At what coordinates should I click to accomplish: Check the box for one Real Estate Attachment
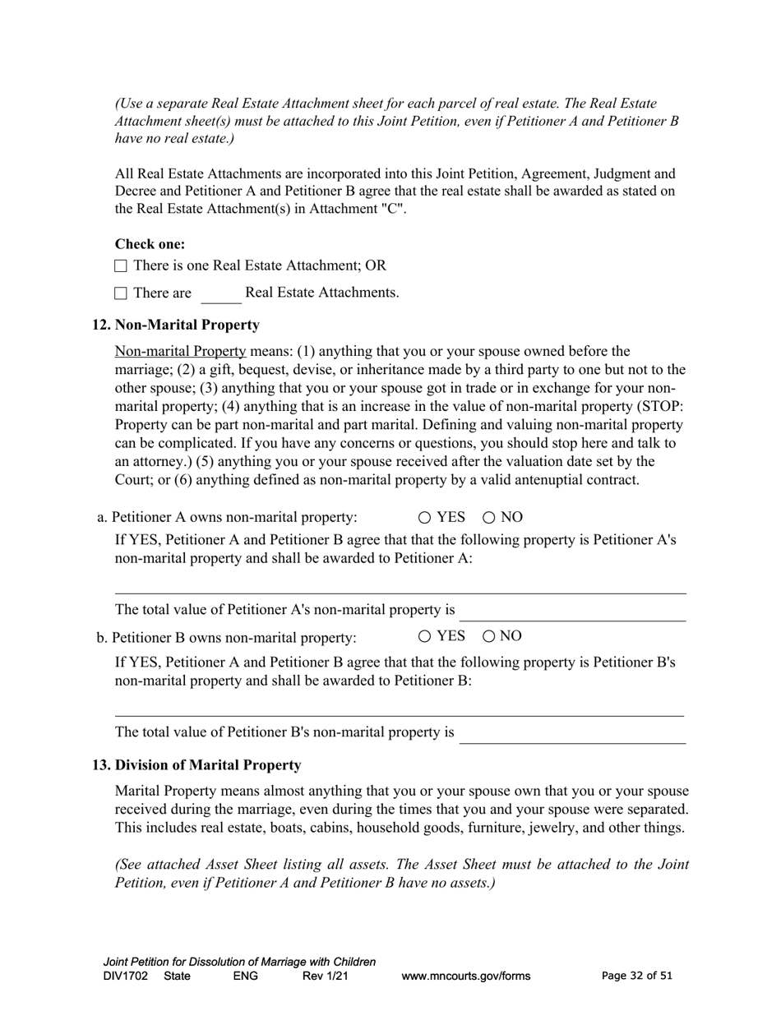(x=121, y=266)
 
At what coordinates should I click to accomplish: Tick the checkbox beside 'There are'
(x=121, y=293)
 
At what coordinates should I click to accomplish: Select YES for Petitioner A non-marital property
(x=424, y=518)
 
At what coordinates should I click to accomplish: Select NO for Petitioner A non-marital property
(x=489, y=518)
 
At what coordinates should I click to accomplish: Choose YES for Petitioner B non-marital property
(x=424, y=636)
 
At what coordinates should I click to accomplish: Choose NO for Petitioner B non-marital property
(x=489, y=636)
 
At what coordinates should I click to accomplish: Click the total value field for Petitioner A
(x=572, y=612)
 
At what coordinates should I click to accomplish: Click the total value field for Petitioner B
(x=572, y=733)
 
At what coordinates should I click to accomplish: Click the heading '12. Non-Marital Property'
(x=176, y=325)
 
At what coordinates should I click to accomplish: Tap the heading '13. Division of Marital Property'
(x=196, y=765)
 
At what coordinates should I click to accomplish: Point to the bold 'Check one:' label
(x=150, y=244)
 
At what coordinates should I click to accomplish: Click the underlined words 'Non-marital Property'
(x=180, y=352)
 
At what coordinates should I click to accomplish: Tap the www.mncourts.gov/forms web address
(x=465, y=976)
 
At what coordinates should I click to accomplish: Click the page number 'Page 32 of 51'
(x=636, y=976)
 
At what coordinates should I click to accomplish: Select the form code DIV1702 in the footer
(x=126, y=976)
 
